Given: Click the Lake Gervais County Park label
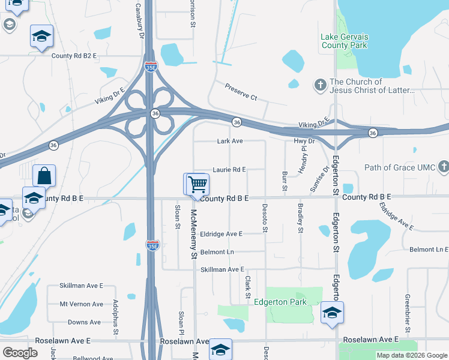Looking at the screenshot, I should (345, 41).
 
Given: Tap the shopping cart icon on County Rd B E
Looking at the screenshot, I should (197, 184).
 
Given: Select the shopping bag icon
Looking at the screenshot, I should (44, 176).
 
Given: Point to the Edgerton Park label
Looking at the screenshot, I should (280, 302).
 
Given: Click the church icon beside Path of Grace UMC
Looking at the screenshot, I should (443, 166).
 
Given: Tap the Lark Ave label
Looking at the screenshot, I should (230, 141).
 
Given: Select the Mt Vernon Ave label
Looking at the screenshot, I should (81, 304).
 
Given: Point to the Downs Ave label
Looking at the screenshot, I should (84, 322).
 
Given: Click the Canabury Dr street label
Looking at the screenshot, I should (140, 21).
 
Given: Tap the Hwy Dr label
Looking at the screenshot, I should (304, 141).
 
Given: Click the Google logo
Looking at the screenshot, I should (20, 353).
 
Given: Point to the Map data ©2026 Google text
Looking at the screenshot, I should (411, 355).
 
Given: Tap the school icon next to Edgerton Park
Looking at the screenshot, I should (331, 313).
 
